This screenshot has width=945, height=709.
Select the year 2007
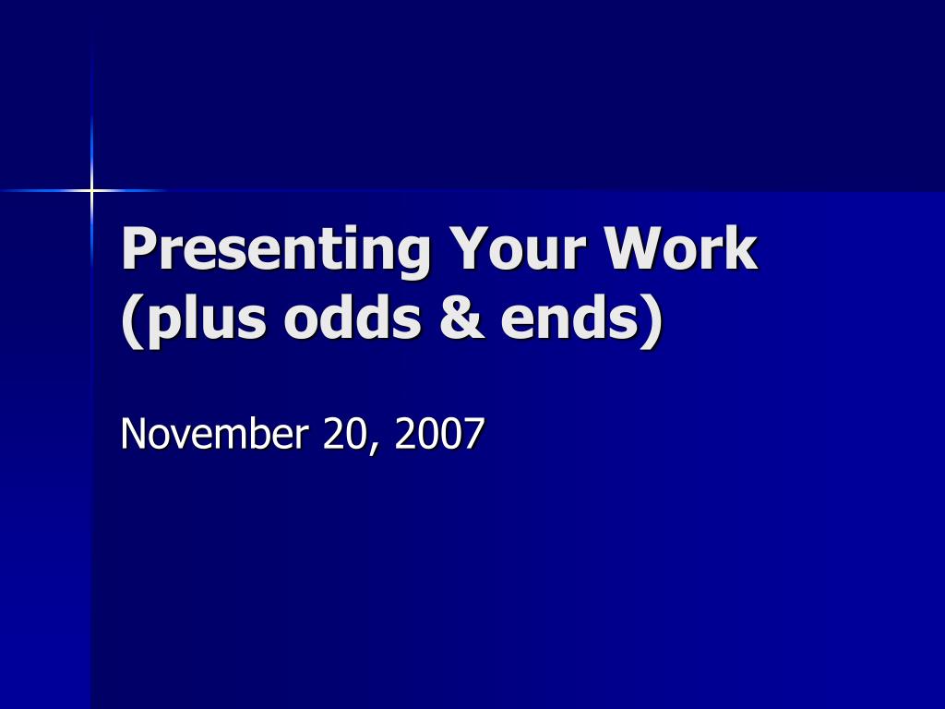(x=439, y=434)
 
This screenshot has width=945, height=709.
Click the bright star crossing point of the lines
(x=92, y=191)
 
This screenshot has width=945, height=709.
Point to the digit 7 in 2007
(x=473, y=434)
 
